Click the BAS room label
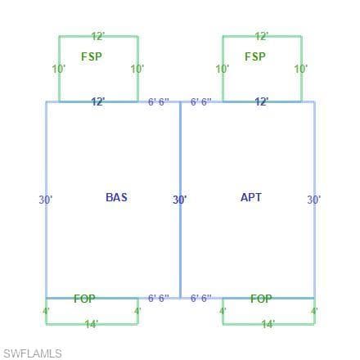(116, 197)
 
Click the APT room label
(251, 197)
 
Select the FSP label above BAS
(92, 56)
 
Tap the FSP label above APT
(255, 56)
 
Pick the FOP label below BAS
(84, 299)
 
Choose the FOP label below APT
(261, 299)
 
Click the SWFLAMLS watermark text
(32, 353)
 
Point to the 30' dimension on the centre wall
(180, 200)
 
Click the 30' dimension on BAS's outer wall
(46, 200)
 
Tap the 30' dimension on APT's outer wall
(314, 200)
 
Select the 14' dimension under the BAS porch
(92, 324)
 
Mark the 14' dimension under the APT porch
(268, 324)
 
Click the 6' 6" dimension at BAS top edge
(159, 102)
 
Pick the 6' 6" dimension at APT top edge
(201, 102)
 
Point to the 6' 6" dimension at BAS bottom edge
(159, 298)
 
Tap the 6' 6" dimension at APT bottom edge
(201, 298)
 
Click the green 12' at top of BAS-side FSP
(98, 36)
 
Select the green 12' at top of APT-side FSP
(262, 36)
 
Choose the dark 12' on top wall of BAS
(98, 101)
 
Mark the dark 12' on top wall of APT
(262, 101)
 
